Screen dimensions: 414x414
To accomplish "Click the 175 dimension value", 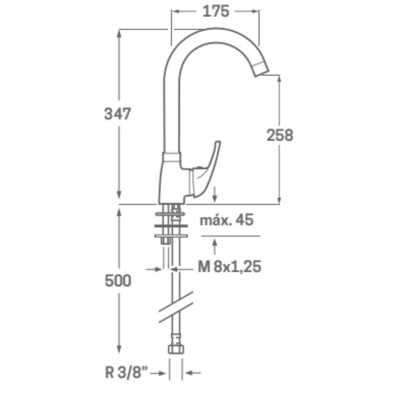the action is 216,12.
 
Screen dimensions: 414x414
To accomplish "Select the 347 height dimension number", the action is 118,114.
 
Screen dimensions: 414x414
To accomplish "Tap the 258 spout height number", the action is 279,135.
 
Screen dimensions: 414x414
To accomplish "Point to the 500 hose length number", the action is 118,280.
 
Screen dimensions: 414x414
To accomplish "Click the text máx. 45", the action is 226,220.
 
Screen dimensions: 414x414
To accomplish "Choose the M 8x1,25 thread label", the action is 229,266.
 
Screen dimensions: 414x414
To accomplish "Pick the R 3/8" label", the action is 126,373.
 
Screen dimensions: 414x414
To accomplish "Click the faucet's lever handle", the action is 207,169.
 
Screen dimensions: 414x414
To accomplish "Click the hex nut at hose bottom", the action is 176,349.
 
